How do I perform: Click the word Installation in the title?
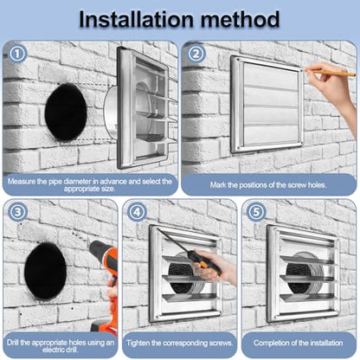[x=136, y=20]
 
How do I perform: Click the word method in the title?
[x=241, y=20]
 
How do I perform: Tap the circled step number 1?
[x=17, y=54]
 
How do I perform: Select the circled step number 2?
[x=196, y=54]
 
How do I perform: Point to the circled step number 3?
[x=17, y=212]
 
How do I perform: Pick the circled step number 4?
[x=137, y=212]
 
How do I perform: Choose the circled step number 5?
[x=256, y=212]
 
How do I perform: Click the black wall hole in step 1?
[x=66, y=112]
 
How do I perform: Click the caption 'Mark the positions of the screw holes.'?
[x=268, y=185]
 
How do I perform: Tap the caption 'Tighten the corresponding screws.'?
[x=180, y=343]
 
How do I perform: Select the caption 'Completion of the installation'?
[x=299, y=343]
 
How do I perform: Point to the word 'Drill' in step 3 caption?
[x=13, y=343]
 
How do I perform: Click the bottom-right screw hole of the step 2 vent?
[x=301, y=143]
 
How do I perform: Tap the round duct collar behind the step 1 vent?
[x=110, y=112]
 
